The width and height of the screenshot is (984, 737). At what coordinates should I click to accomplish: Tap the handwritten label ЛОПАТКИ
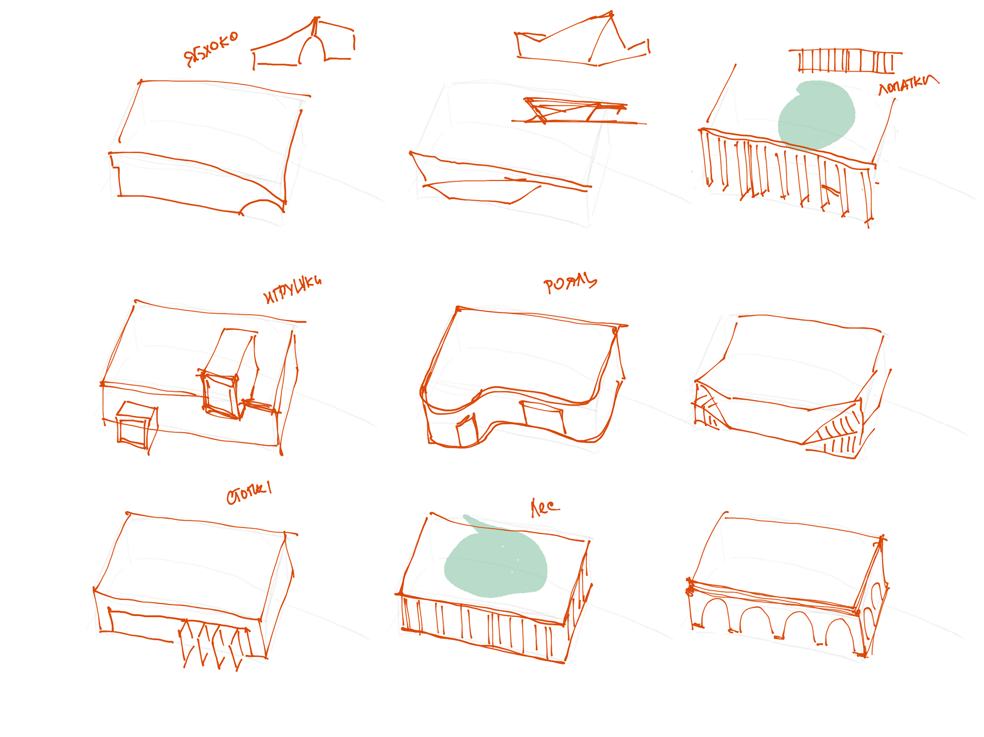pos(908,85)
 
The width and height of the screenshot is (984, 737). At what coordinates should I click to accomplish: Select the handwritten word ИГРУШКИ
pos(292,290)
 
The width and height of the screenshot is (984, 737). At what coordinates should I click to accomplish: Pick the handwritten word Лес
pos(544,507)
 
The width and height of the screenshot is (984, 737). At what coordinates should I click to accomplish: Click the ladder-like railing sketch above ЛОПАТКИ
pos(845,61)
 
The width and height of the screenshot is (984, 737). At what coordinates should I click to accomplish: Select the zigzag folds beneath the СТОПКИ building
pos(215,643)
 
